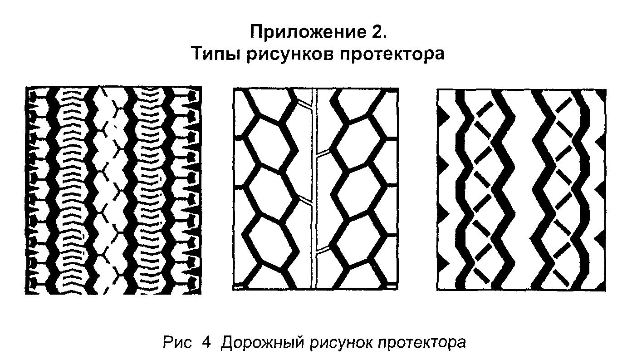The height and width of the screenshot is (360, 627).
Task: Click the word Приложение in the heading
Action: click(x=304, y=33)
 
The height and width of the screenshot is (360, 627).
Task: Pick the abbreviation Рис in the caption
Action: click(x=175, y=341)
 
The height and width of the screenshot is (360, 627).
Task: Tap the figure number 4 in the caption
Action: click(x=206, y=341)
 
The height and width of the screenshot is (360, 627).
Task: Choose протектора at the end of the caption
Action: click(x=420, y=341)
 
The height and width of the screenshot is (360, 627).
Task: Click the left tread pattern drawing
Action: click(x=113, y=190)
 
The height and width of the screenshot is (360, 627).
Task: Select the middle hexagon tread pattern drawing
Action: click(x=315, y=189)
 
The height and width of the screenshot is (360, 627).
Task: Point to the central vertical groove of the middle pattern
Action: click(x=314, y=189)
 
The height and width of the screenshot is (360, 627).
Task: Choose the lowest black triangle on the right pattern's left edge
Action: click(x=442, y=262)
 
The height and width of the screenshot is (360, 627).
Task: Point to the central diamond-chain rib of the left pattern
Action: click(x=112, y=190)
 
